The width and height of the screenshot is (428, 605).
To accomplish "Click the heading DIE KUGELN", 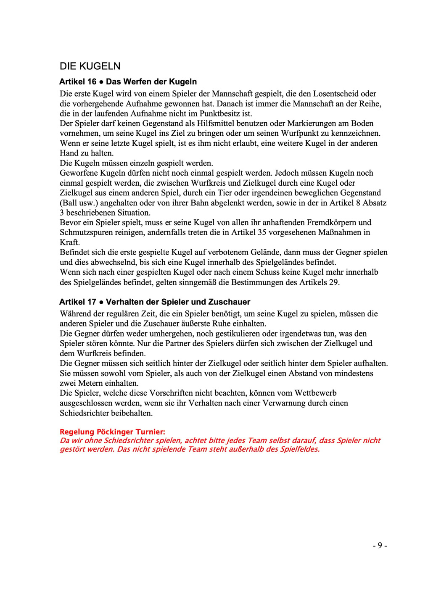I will click(x=90, y=66).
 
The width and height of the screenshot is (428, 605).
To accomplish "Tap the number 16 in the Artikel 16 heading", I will click(x=92, y=82).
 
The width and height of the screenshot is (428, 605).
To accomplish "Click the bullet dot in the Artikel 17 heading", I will click(x=101, y=302).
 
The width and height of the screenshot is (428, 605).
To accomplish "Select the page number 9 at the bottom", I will click(x=380, y=545).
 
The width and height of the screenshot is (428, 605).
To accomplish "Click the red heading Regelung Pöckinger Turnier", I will click(x=112, y=432).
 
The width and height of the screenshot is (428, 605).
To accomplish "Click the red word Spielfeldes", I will click(x=298, y=449).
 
